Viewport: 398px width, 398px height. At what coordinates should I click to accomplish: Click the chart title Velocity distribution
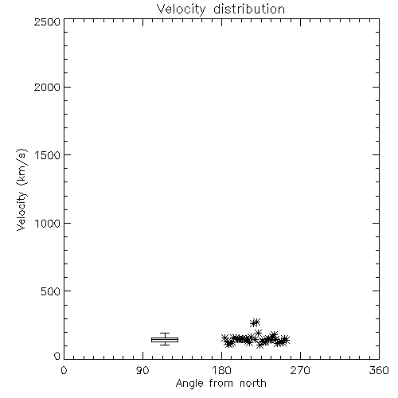[x=220, y=9]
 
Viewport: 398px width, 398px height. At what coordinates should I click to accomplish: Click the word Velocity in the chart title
[x=181, y=10]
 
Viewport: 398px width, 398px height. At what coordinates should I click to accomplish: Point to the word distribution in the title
[x=249, y=9]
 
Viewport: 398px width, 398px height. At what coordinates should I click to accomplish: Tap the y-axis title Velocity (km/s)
[x=21, y=189]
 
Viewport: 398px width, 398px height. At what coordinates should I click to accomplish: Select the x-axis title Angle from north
[x=220, y=384]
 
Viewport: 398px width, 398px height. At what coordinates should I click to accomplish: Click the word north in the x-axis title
[x=253, y=384]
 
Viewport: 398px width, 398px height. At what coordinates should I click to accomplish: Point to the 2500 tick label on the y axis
[x=47, y=21]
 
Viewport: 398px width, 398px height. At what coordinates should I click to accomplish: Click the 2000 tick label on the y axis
[x=47, y=87]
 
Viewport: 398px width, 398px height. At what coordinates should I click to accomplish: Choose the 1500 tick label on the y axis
[x=47, y=155]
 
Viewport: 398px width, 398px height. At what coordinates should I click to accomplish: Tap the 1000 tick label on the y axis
[x=47, y=223]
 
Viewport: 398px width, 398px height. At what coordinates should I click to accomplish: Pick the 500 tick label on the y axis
[x=50, y=291]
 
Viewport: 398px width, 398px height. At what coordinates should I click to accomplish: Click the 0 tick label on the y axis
[x=57, y=356]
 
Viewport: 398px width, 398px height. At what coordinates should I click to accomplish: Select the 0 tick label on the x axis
[x=64, y=370]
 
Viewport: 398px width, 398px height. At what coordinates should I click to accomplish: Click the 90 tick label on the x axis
[x=142, y=370]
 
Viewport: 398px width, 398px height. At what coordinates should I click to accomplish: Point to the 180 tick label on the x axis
[x=221, y=370]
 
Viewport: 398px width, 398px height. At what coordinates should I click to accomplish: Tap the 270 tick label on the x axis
[x=300, y=370]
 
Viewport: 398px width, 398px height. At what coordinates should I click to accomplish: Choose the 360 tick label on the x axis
[x=379, y=370]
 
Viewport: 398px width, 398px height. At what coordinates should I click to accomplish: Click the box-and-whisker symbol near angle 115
[x=165, y=340]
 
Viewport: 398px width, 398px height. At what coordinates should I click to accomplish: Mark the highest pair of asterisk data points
[x=256, y=322]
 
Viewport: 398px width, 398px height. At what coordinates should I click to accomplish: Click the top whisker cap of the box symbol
[x=165, y=334]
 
